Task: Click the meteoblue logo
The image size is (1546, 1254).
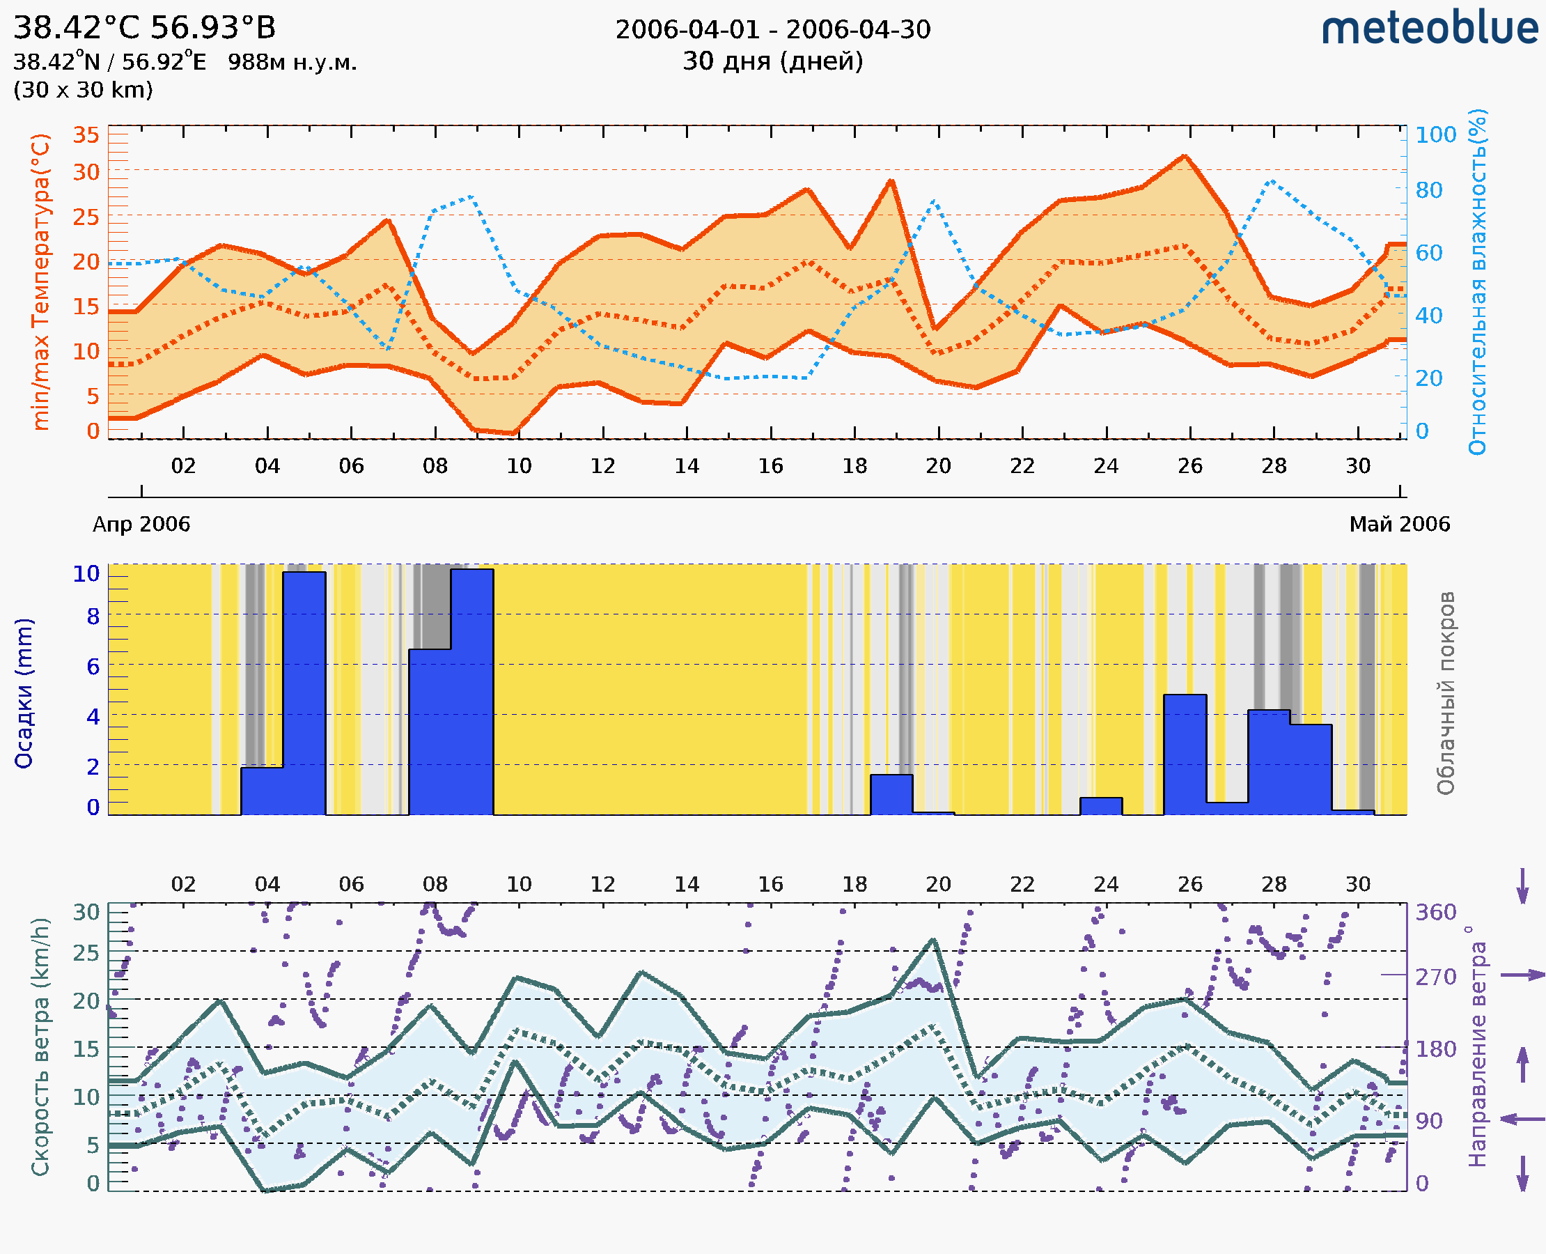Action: (1429, 29)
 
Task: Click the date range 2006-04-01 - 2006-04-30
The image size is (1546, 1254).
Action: (772, 30)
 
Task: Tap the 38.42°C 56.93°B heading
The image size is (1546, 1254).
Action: (144, 28)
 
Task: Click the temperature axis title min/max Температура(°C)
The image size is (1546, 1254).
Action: (41, 281)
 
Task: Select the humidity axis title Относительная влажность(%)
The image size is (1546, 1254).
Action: (1477, 281)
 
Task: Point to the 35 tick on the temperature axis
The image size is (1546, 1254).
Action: (86, 135)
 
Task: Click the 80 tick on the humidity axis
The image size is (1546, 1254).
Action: (1428, 191)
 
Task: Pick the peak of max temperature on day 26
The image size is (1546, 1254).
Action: (1185, 156)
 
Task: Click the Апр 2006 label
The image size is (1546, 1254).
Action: (141, 524)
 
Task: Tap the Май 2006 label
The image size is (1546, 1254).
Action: (1400, 524)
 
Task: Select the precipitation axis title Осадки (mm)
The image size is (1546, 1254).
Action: (24, 693)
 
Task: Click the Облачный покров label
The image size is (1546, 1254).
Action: (1446, 693)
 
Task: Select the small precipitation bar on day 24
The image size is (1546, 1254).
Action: (1101, 805)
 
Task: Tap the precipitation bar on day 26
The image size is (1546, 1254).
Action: (1185, 755)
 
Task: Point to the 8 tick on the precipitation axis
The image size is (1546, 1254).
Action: (93, 616)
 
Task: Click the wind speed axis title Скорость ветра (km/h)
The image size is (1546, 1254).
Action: (40, 1046)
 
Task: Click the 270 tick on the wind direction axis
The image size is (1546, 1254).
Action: (1435, 977)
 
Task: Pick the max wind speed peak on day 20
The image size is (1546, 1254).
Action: (934, 940)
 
